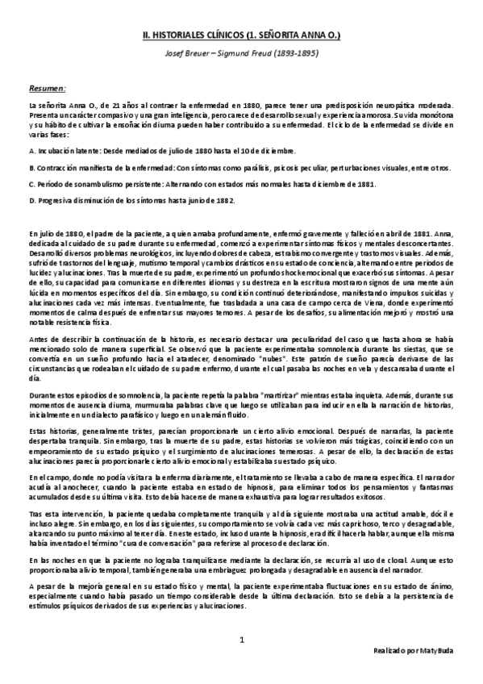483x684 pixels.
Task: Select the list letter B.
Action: pos(31,168)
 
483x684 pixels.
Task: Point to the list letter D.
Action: pos(31,200)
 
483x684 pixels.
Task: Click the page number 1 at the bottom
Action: pos(241,641)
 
